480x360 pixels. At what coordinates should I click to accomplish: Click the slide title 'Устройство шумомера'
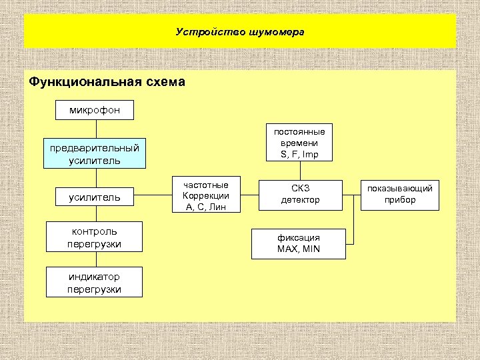click(240, 31)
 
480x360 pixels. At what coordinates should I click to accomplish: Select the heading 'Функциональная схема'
click(107, 82)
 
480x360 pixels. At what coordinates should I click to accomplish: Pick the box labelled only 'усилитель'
click(95, 197)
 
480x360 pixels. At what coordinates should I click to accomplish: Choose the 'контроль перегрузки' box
click(95, 238)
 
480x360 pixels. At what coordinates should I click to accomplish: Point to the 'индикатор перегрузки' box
click(95, 283)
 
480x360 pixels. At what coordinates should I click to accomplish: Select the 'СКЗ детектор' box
click(300, 195)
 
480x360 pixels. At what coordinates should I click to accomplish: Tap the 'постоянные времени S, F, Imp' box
click(300, 143)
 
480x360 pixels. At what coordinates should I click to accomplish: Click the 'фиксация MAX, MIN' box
click(299, 243)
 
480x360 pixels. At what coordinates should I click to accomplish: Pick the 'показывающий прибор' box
click(400, 194)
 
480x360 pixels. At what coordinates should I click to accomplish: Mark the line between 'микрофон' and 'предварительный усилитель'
click(96, 129)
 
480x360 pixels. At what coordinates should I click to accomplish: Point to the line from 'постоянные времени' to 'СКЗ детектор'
click(300, 171)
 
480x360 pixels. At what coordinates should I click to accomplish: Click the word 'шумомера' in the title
click(275, 31)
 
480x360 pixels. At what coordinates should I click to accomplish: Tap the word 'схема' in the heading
click(162, 82)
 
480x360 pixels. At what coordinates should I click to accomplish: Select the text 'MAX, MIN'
click(299, 249)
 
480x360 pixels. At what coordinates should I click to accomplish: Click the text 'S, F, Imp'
click(300, 155)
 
